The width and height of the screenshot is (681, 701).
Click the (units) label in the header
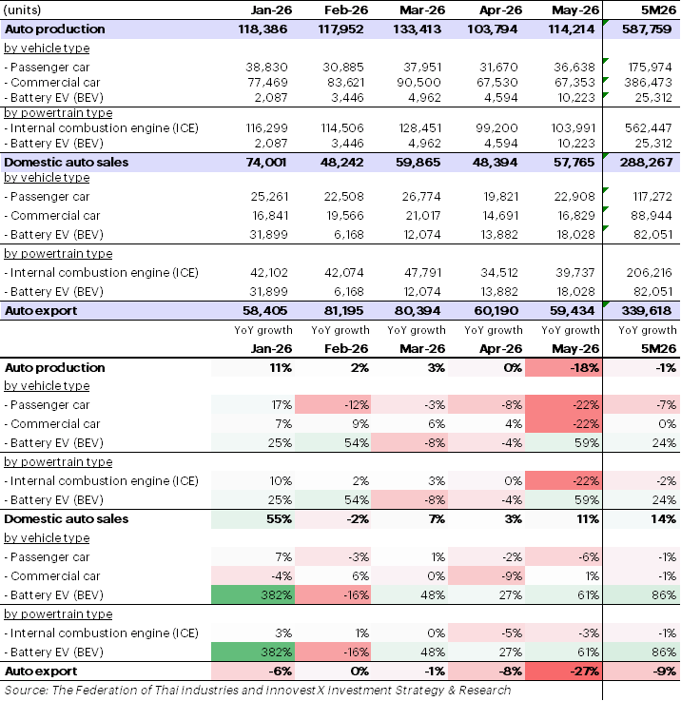point(22,10)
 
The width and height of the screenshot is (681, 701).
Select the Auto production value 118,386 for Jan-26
point(263,29)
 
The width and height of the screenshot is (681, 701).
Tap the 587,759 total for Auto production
point(647,29)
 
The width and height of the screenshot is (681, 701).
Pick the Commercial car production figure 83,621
point(343,83)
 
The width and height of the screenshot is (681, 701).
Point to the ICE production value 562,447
point(649,128)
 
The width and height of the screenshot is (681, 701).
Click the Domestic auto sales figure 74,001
point(266,163)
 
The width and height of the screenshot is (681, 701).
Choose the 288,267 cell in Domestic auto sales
point(646,163)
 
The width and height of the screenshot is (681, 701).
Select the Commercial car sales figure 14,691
point(499,216)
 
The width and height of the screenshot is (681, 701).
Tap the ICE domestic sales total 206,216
point(650,273)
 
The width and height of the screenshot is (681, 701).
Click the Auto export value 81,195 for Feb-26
point(343,311)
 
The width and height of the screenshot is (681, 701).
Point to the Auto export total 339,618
point(646,311)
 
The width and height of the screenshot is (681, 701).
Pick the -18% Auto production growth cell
point(563,368)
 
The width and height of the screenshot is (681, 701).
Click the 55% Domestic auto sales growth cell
point(253,519)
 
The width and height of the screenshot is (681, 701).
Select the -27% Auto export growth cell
point(563,672)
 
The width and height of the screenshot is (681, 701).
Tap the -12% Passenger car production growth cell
point(333,405)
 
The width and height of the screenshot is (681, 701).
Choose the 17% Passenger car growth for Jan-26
point(253,405)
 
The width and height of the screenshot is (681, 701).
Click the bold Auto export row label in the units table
point(41,311)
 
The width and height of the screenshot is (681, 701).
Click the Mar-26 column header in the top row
point(422,10)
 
